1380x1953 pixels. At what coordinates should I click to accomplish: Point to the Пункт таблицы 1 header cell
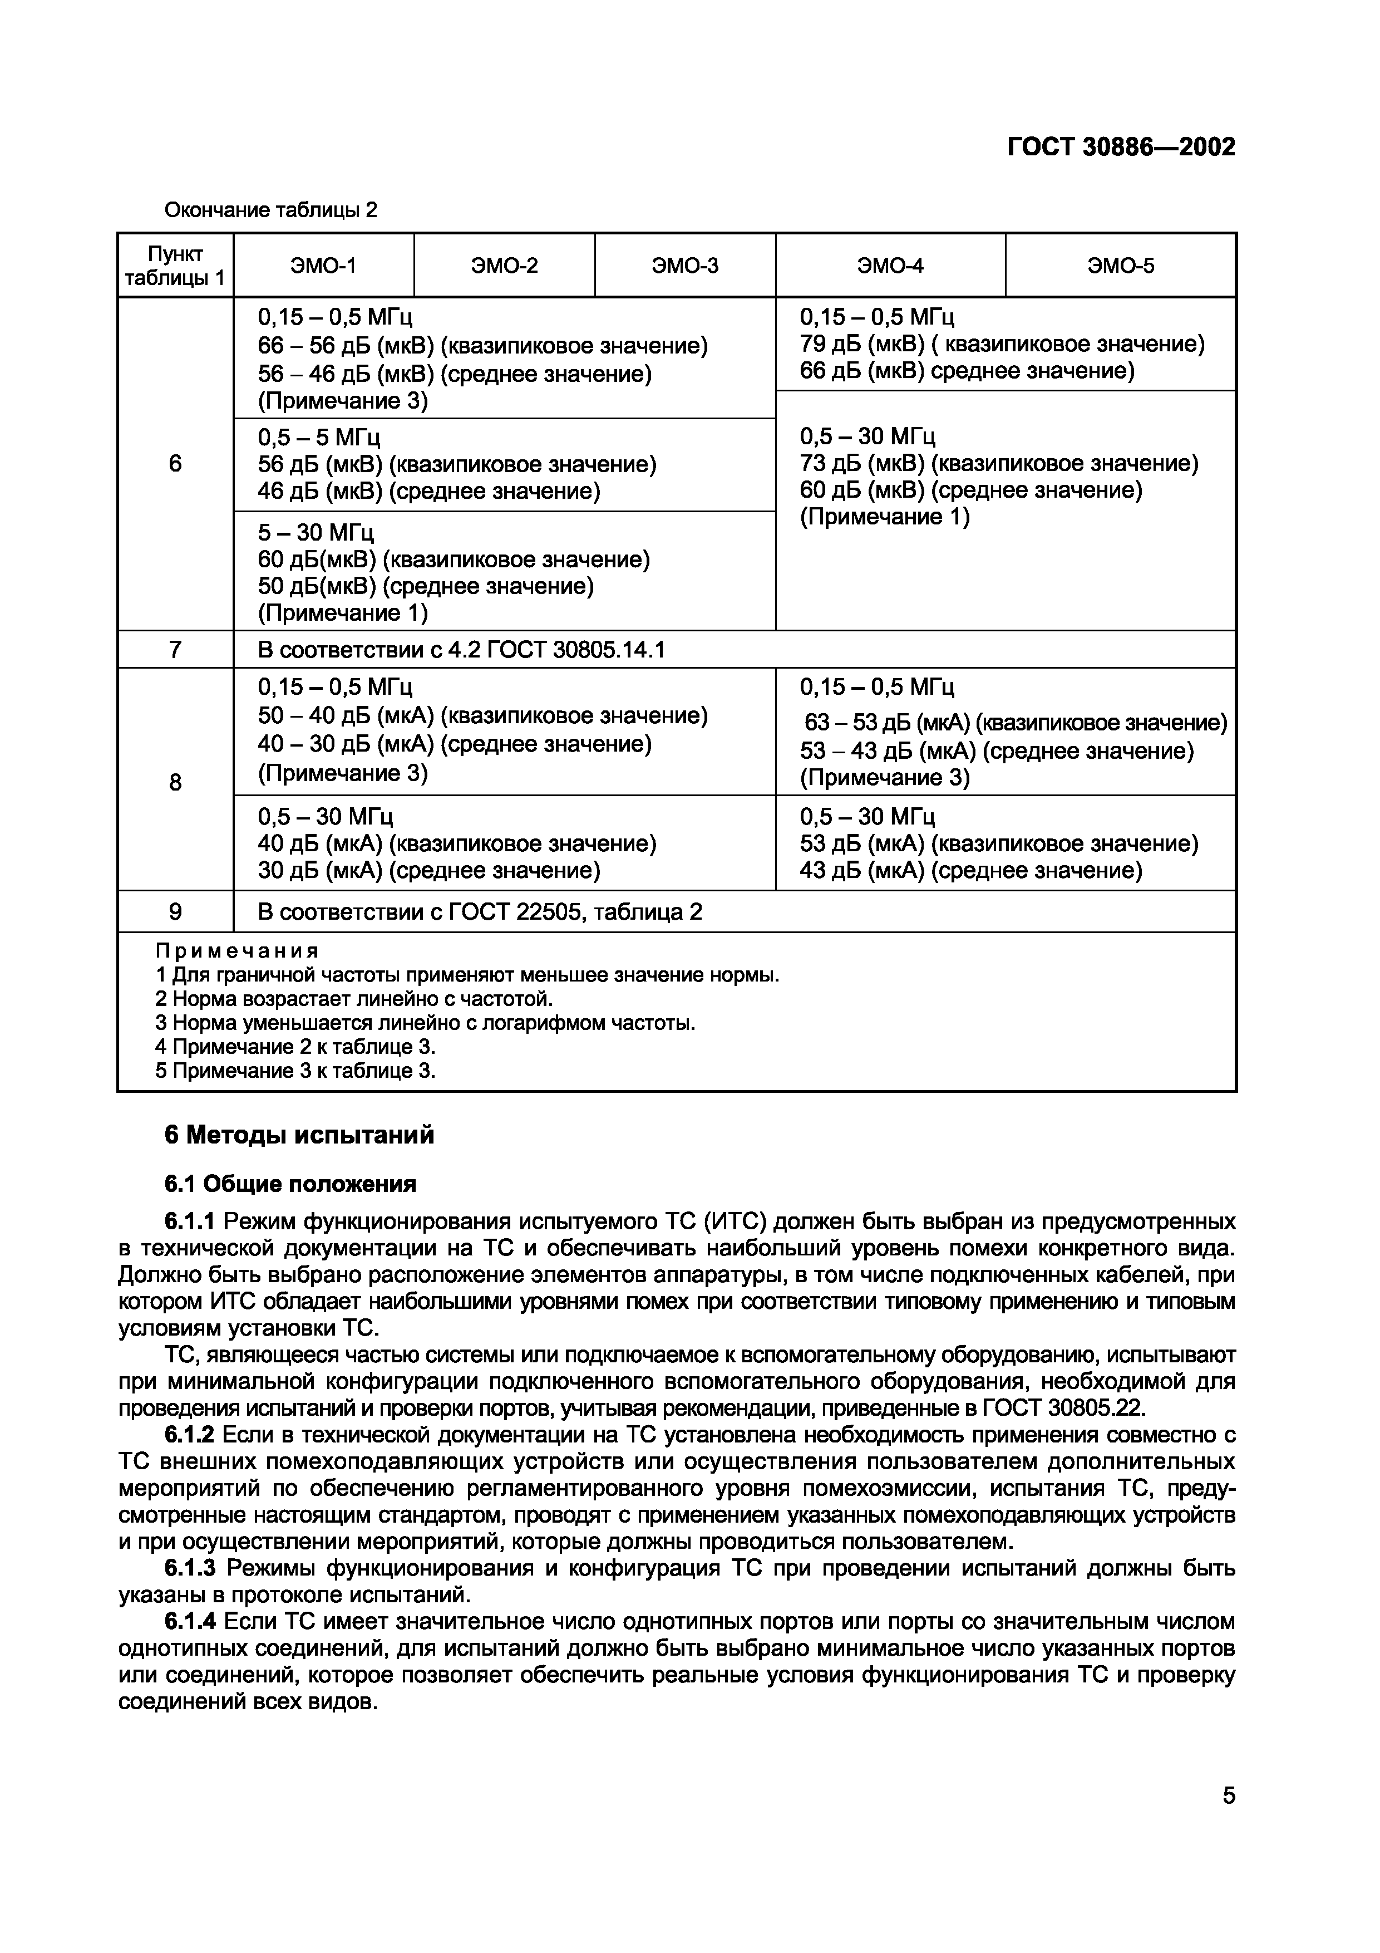175,266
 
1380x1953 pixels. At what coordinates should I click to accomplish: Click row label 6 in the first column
175,464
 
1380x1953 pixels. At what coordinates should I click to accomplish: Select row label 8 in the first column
175,782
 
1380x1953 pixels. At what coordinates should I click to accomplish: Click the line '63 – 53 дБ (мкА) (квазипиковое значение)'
1015,723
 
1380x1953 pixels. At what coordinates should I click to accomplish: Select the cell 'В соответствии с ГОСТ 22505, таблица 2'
480,912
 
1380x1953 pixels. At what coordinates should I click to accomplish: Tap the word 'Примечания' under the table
236,950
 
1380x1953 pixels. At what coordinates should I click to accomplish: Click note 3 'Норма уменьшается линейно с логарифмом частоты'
425,1023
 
